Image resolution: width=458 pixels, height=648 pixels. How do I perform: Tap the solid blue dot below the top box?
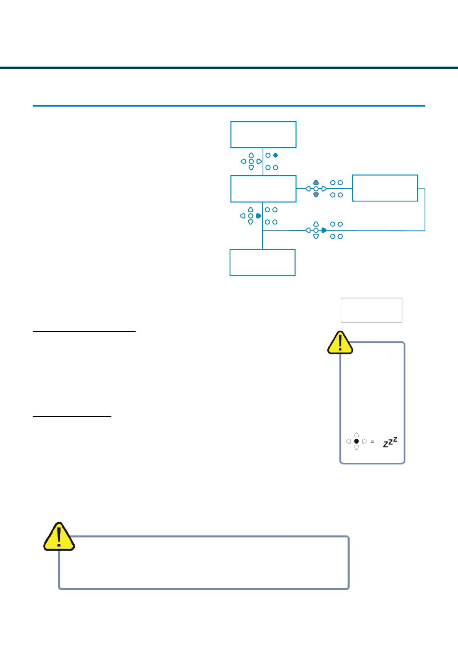pyautogui.click(x=275, y=155)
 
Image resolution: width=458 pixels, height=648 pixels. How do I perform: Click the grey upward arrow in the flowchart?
pyautogui.click(x=316, y=183)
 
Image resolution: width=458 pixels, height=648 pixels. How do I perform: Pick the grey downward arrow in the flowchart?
pyautogui.click(x=316, y=195)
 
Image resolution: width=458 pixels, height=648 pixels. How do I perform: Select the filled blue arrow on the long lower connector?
pyautogui.click(x=324, y=230)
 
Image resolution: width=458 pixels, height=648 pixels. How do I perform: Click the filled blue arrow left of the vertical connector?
pyautogui.click(x=259, y=216)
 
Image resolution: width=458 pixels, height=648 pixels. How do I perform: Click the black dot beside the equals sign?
pyautogui.click(x=356, y=441)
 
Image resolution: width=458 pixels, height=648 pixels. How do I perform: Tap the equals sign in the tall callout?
pyautogui.click(x=372, y=442)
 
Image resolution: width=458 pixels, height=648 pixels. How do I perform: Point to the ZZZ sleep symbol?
pyautogui.click(x=390, y=442)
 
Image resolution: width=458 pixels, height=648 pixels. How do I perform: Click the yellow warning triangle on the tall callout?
pyautogui.click(x=340, y=342)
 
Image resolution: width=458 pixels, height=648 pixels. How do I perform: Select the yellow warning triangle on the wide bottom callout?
pyautogui.click(x=59, y=537)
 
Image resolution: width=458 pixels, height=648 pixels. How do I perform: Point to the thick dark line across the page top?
pyautogui.click(x=229, y=68)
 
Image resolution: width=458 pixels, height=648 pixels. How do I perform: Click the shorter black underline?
pyautogui.click(x=72, y=417)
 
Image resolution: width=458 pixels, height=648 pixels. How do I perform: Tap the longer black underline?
pyautogui.click(x=84, y=332)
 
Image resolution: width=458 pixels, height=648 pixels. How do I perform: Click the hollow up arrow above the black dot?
pyautogui.click(x=356, y=435)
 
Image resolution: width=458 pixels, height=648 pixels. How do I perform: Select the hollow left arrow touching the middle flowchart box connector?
pyautogui.click(x=308, y=189)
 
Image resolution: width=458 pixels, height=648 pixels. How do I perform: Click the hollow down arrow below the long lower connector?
pyautogui.click(x=316, y=237)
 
